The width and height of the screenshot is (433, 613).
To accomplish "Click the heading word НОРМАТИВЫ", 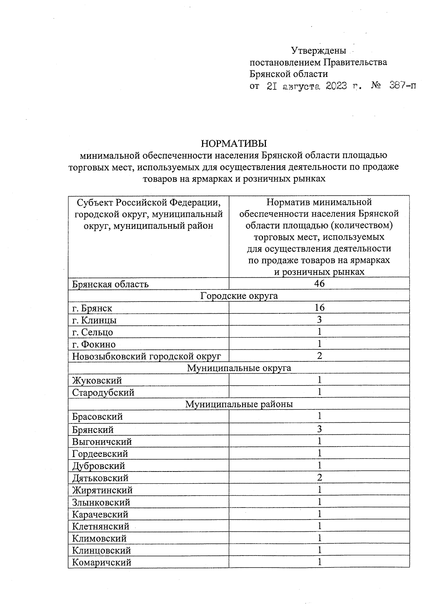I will click(x=233, y=143).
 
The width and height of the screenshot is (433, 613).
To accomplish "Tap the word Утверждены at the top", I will click(x=319, y=50).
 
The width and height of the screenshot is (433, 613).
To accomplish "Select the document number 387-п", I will click(x=403, y=86).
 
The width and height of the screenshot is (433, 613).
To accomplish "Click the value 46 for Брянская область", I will click(x=319, y=283).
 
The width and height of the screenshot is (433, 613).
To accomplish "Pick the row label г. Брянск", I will click(x=92, y=308).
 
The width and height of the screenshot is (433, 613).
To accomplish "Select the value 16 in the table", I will click(x=319, y=307).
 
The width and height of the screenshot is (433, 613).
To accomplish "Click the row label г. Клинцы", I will click(x=95, y=320).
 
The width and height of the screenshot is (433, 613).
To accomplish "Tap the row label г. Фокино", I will click(x=94, y=344).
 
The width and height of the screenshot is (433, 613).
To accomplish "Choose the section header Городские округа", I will click(x=239, y=296).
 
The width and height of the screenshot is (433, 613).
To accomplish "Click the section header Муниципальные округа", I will click(x=239, y=368).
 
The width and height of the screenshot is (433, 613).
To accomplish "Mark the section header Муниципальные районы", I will click(x=239, y=404).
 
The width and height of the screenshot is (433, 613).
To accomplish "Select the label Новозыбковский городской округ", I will click(x=146, y=356).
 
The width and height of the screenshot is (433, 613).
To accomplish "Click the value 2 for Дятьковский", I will click(x=319, y=478).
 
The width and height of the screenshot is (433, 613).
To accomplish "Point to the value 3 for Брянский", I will click(x=319, y=429).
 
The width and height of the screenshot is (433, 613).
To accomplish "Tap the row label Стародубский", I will click(x=103, y=392).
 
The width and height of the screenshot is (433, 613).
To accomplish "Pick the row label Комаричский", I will click(x=102, y=562).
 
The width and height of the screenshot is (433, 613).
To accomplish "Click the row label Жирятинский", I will click(x=102, y=490).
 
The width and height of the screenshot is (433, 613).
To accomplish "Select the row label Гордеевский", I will click(x=100, y=454).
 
